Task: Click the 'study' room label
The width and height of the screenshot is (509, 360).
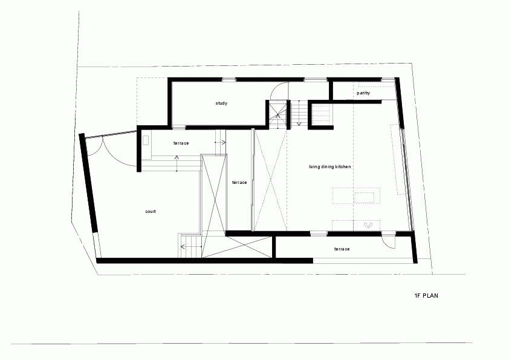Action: coord(221,103)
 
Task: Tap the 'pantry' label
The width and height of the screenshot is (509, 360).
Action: coord(363,93)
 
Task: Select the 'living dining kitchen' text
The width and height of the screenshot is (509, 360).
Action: coord(330,166)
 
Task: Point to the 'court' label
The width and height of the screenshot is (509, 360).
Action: coord(151,212)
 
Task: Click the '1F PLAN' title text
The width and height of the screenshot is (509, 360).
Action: coord(426,296)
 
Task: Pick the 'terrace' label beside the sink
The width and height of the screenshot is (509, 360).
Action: coord(181,143)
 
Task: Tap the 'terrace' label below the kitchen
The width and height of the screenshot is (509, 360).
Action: coord(342,249)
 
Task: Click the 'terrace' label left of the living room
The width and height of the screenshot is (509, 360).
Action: coord(239,183)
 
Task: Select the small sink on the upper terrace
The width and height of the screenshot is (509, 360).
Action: coord(146,140)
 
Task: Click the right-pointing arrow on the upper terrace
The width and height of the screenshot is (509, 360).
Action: coord(221,142)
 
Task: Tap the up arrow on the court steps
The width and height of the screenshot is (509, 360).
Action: coord(177,163)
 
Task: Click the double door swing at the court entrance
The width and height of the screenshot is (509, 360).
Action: coord(111,151)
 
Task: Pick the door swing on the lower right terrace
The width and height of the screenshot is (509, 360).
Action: coord(388,241)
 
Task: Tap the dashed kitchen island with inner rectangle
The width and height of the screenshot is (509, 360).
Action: coord(356,195)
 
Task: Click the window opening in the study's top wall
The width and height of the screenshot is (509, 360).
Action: coord(229,80)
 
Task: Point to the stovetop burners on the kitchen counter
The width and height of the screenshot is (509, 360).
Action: coord(368,224)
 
